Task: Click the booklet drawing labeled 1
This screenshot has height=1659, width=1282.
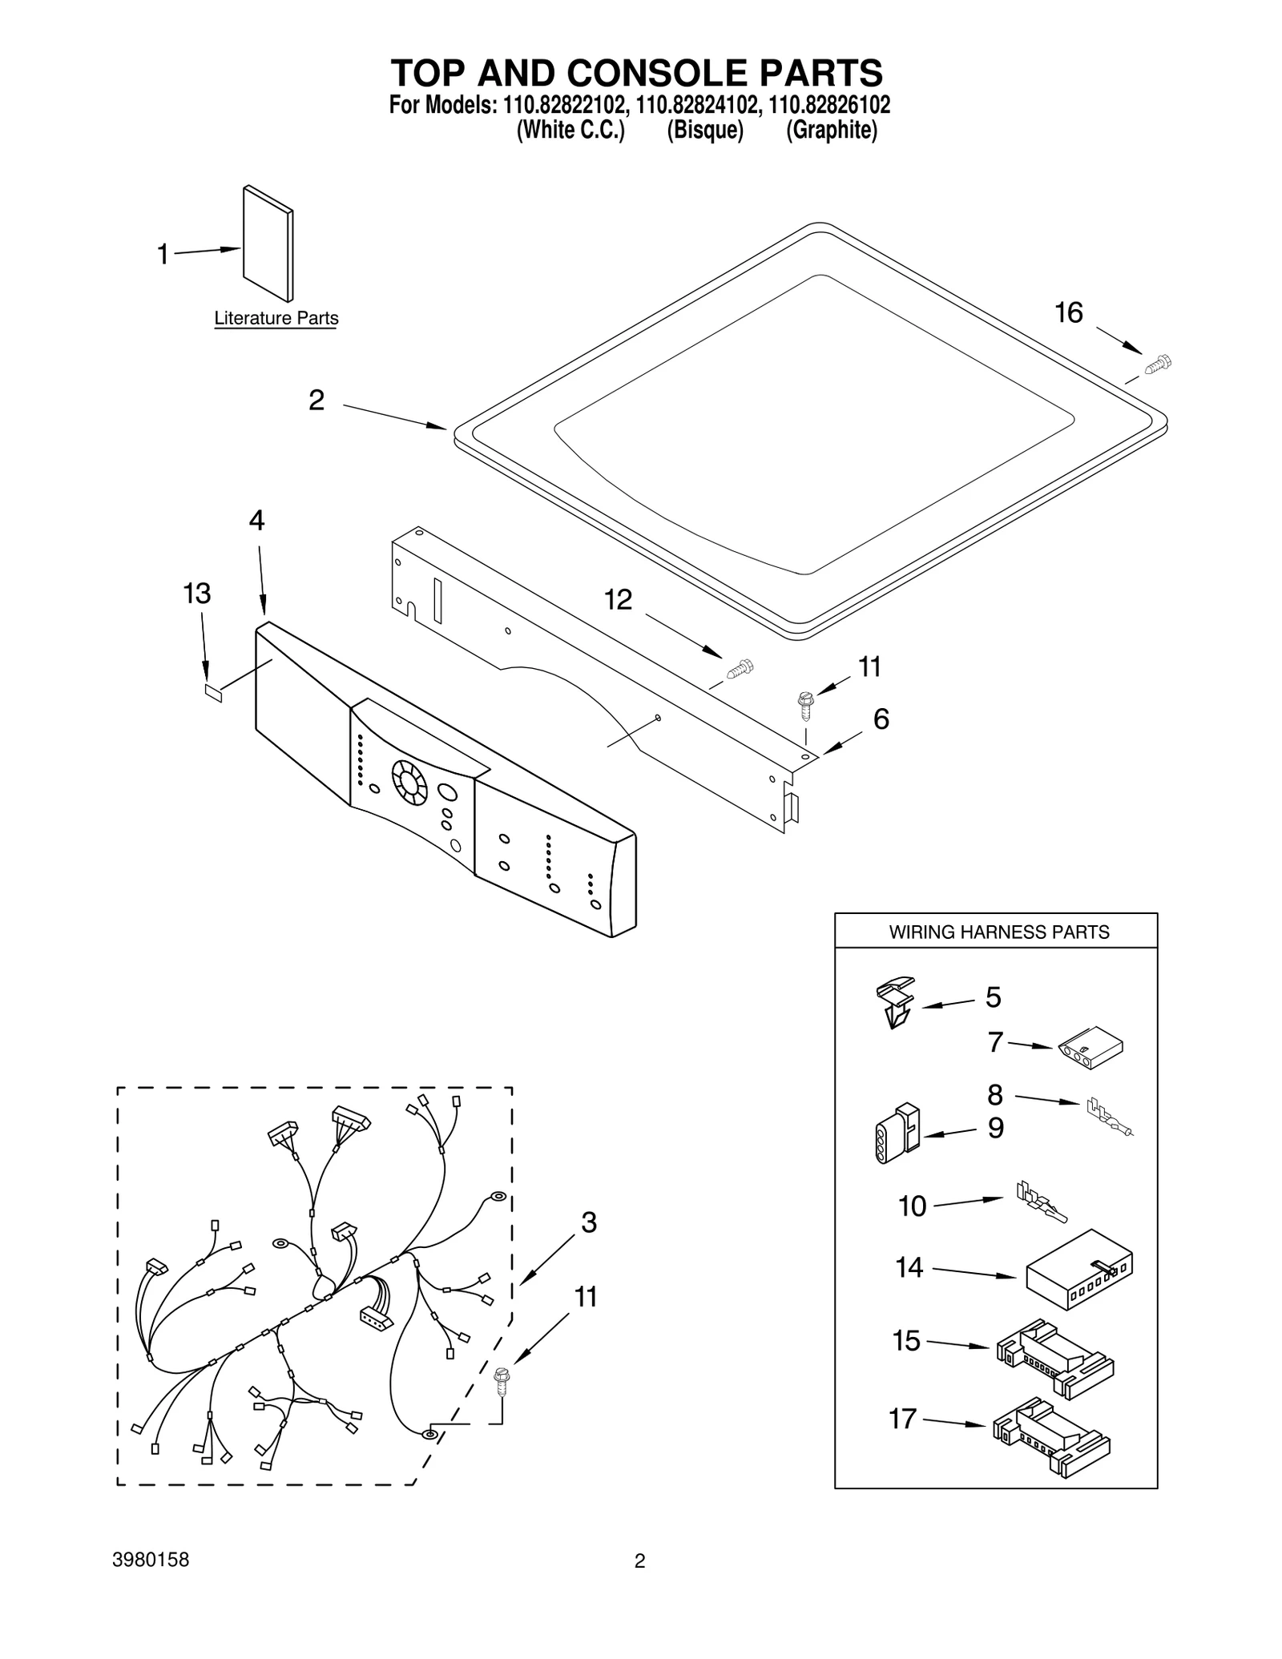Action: [x=268, y=244]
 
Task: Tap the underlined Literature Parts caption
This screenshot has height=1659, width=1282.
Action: [x=276, y=319]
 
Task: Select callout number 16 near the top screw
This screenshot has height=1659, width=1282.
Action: [x=1068, y=313]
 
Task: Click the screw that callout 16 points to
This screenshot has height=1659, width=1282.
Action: [x=1157, y=364]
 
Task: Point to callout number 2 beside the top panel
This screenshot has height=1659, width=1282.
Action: [x=316, y=400]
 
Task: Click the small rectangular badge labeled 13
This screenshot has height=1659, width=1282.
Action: [x=212, y=693]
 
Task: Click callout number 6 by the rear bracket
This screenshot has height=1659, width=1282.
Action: [x=881, y=719]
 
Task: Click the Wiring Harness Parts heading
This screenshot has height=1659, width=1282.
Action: [x=998, y=932]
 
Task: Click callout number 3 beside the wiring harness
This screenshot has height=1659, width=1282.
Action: [x=589, y=1222]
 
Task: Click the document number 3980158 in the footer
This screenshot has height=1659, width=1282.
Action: [x=152, y=1560]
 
